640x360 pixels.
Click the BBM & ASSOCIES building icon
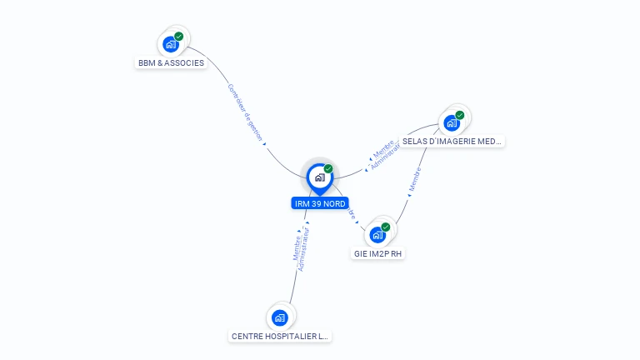[171, 44]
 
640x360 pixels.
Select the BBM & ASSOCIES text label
[171, 63]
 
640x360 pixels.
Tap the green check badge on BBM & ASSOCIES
[179, 37]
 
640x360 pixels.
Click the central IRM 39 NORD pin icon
[319, 177]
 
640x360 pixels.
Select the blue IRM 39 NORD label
[320, 203]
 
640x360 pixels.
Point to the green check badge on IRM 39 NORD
[328, 169]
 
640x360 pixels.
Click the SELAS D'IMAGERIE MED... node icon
[452, 123]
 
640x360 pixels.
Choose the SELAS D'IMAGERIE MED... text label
[452, 142]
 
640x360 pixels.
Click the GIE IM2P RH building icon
[377, 235]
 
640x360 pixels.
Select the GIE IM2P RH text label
[378, 253]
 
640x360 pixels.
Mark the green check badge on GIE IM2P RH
[386, 227]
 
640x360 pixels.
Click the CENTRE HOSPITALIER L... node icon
[280, 317]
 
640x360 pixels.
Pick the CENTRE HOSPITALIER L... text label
[280, 337]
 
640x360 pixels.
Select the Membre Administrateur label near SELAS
[386, 154]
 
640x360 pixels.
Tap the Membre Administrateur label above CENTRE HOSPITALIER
[302, 247]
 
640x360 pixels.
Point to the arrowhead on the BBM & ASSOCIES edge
[265, 144]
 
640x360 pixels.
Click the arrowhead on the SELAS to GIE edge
[409, 195]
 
